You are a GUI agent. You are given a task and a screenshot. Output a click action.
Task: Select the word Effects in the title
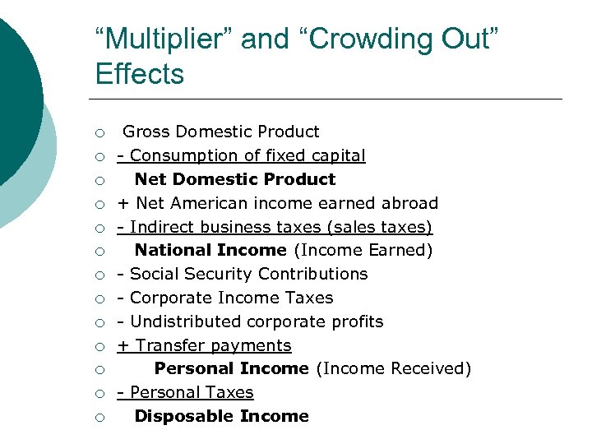click(140, 74)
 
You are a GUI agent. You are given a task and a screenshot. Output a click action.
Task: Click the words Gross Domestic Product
click(221, 132)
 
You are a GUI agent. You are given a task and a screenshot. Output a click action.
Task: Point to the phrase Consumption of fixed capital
click(247, 155)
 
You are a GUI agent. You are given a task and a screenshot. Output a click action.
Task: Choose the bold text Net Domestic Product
click(235, 179)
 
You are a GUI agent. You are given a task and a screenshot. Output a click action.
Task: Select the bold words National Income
click(210, 250)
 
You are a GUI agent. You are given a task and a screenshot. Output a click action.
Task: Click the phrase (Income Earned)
click(363, 250)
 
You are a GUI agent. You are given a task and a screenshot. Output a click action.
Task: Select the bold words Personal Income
click(231, 369)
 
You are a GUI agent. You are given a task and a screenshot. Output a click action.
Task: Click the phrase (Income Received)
click(393, 369)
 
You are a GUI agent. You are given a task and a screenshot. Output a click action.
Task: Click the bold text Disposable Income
click(221, 417)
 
